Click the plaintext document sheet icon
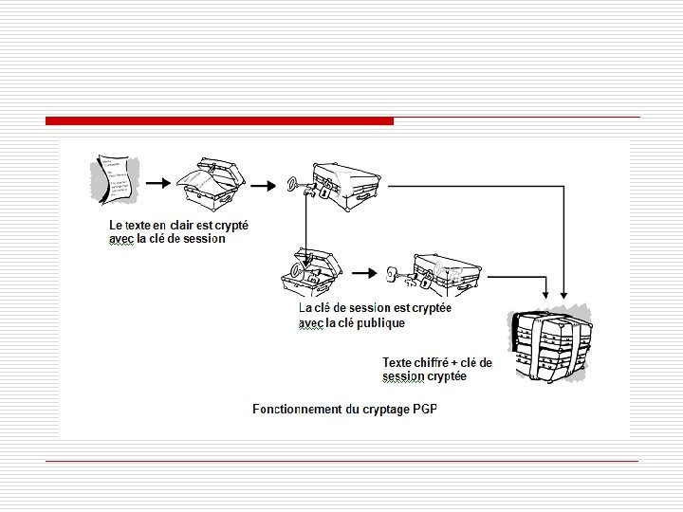point(115,178)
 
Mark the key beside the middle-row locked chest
point(398,277)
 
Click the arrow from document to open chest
point(159,180)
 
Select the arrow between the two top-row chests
point(267,180)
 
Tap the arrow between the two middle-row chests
point(363,274)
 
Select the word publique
point(381,322)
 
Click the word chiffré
point(434,362)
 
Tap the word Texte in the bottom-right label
point(397,362)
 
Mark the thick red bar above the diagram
point(219,121)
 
